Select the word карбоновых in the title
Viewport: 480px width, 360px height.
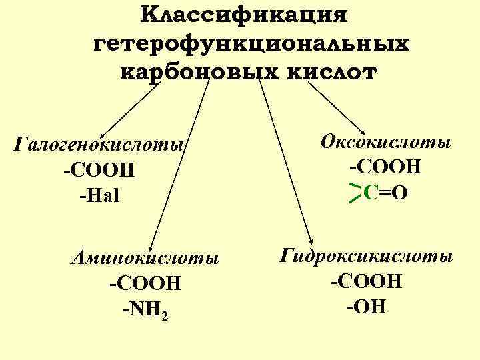[x=188, y=72]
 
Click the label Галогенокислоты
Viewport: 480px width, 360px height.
[x=100, y=145]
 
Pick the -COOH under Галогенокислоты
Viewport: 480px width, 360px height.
[x=99, y=171]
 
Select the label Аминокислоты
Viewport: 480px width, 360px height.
[x=145, y=257]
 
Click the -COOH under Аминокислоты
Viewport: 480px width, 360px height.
[x=145, y=283]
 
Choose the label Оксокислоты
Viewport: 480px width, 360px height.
[x=385, y=141]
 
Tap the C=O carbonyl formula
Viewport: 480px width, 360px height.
[x=386, y=193]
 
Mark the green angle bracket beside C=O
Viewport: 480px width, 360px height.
[x=355, y=193]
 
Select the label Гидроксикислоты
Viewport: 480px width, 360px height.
[x=367, y=256]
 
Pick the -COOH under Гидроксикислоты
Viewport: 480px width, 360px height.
[x=367, y=281]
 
